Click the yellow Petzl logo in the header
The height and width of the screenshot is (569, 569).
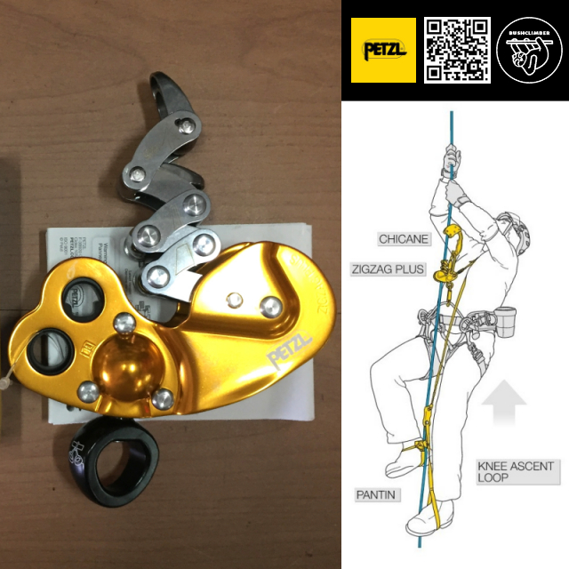coord(384,50)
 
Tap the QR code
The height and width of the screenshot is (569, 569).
coord(457,50)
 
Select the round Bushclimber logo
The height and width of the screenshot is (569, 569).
coord(530,50)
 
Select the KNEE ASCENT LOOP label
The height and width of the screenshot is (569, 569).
coord(515,472)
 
